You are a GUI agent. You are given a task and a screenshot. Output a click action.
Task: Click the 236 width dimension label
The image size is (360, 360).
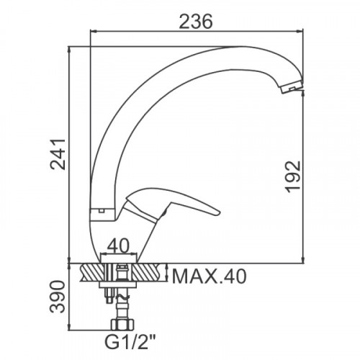tap(196, 21)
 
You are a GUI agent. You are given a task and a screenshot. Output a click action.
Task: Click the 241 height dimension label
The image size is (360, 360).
tap(58, 154)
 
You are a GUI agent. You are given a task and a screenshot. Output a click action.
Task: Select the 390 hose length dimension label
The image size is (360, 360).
tap(58, 297)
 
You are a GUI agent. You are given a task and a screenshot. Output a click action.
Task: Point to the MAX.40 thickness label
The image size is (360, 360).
tap(209, 276)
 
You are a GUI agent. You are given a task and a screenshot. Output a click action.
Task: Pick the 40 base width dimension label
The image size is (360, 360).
tap(118, 246)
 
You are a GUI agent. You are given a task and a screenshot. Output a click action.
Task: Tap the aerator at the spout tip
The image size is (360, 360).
tap(292, 88)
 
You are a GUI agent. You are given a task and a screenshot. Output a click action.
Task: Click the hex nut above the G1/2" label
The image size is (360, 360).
tap(122, 324)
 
